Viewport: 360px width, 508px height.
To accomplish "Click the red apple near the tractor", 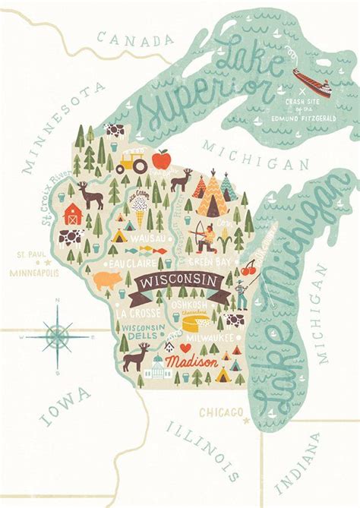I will point(161,159).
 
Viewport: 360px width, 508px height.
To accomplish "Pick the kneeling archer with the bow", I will point(201,237).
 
